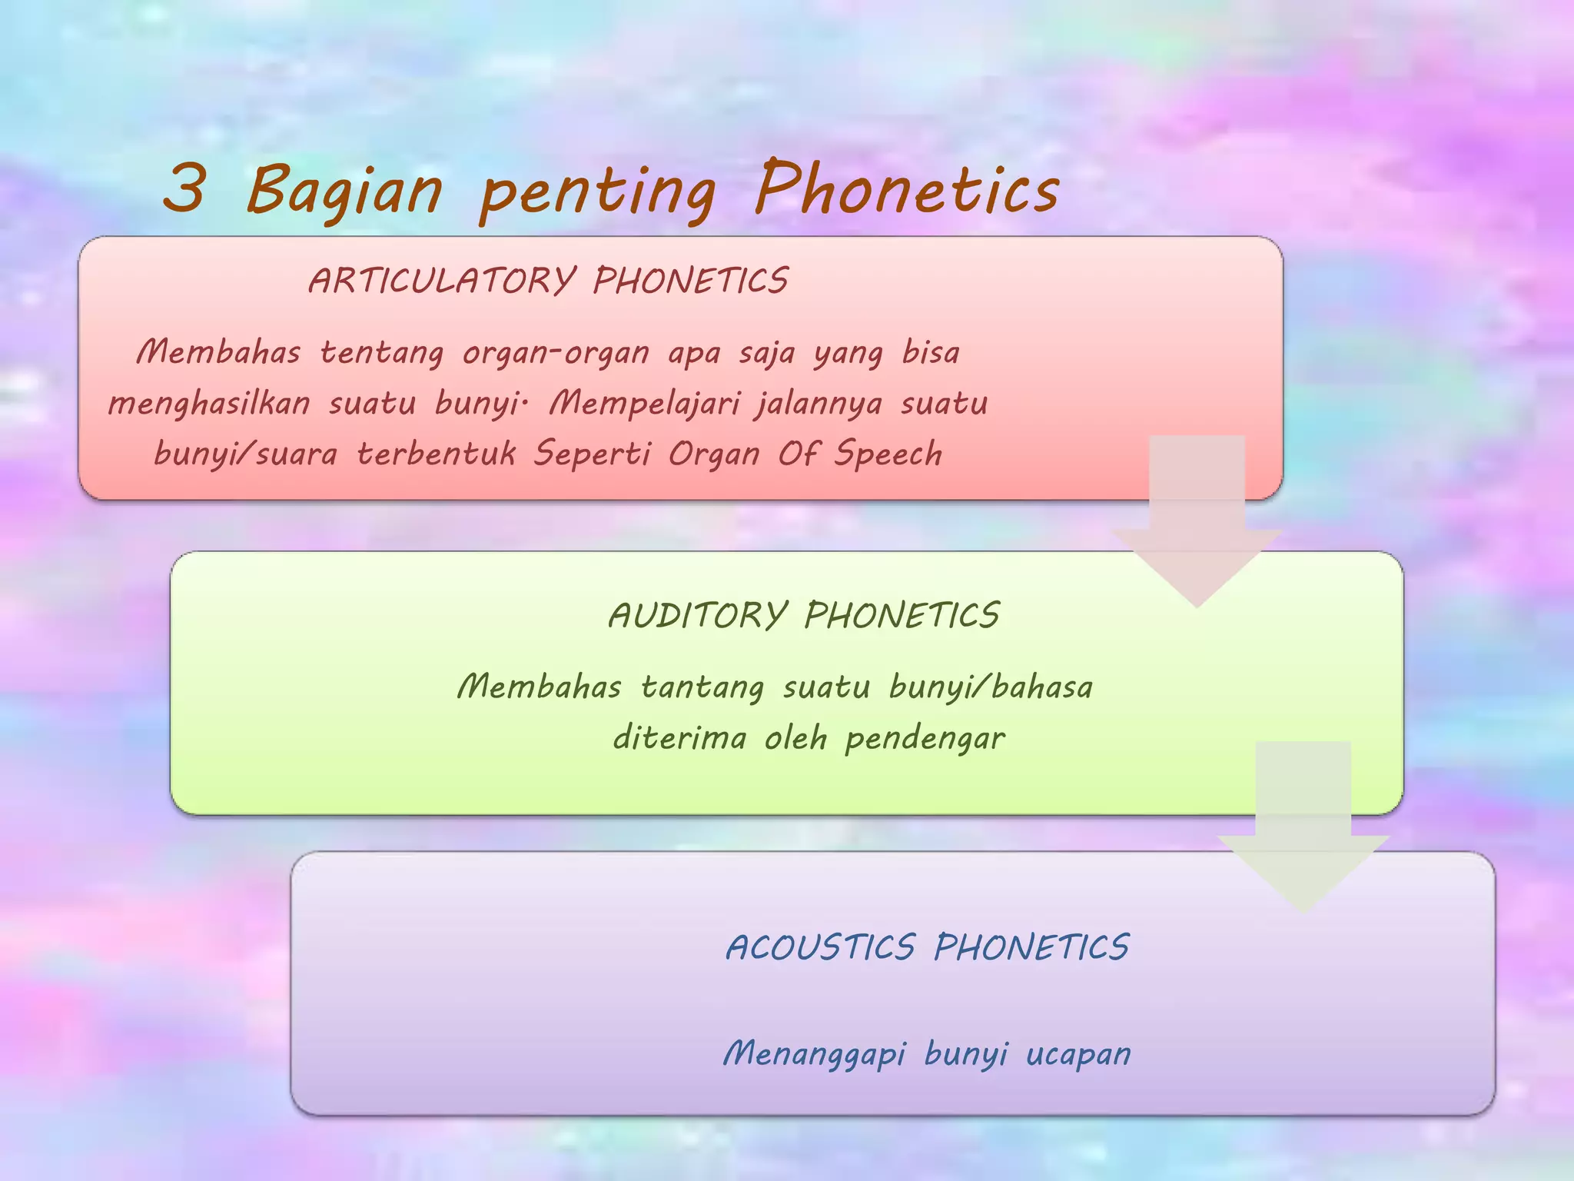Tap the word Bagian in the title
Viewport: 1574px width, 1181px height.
point(344,190)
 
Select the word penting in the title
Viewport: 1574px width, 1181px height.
point(598,192)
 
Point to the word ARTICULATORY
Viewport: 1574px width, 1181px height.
point(441,281)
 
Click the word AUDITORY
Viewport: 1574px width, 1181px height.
point(698,615)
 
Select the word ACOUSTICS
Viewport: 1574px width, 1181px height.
point(820,947)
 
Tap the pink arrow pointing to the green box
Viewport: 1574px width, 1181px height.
point(1197,523)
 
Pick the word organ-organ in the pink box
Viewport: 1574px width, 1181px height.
point(556,354)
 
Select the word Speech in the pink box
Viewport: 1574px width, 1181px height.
point(888,454)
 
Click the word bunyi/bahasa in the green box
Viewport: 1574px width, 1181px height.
point(991,687)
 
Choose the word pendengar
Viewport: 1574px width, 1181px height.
point(925,739)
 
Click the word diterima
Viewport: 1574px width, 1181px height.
point(679,738)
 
